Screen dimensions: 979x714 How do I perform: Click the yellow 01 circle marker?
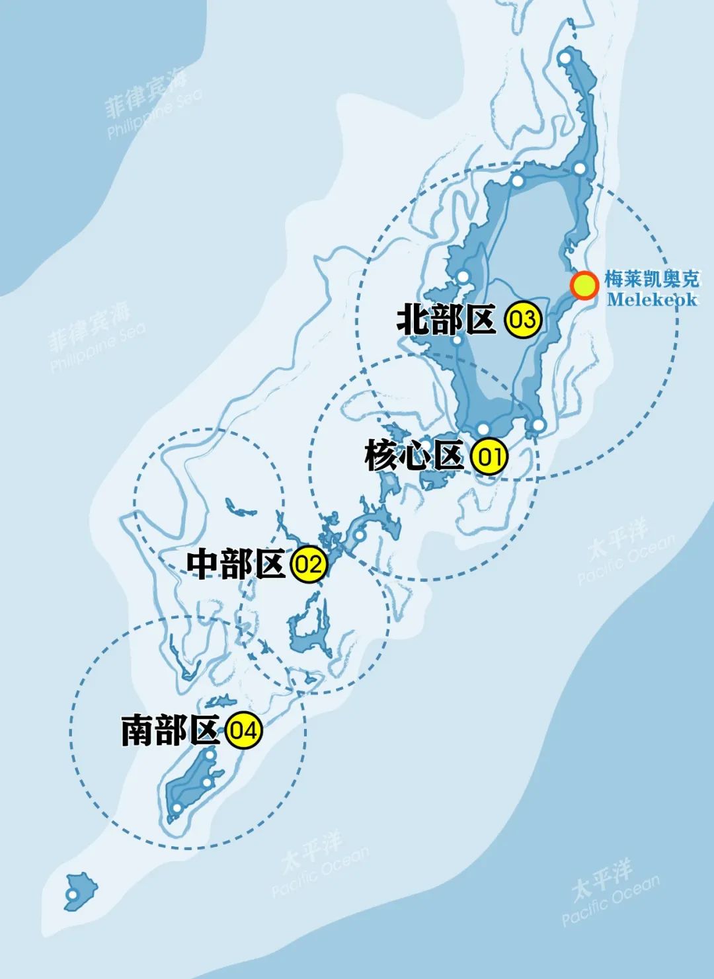(x=489, y=457)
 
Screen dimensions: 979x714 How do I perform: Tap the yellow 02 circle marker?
(x=309, y=565)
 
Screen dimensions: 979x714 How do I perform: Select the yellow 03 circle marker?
(x=522, y=320)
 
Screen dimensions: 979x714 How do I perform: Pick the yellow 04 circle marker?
(x=243, y=731)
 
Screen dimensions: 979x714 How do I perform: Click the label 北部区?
(x=446, y=320)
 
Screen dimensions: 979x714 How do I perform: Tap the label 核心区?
(x=414, y=457)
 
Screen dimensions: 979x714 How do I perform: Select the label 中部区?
(x=235, y=565)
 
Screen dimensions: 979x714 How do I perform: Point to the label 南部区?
(x=170, y=731)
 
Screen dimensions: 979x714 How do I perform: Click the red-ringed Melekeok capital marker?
(x=584, y=286)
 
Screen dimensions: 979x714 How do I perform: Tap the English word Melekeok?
(x=652, y=299)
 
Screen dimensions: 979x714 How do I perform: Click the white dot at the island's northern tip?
(x=565, y=59)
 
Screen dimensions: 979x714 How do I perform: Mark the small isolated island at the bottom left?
(x=81, y=889)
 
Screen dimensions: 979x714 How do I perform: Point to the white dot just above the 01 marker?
(x=483, y=428)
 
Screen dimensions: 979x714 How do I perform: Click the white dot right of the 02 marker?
(x=359, y=534)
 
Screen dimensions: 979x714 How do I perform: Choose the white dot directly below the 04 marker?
(x=210, y=755)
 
